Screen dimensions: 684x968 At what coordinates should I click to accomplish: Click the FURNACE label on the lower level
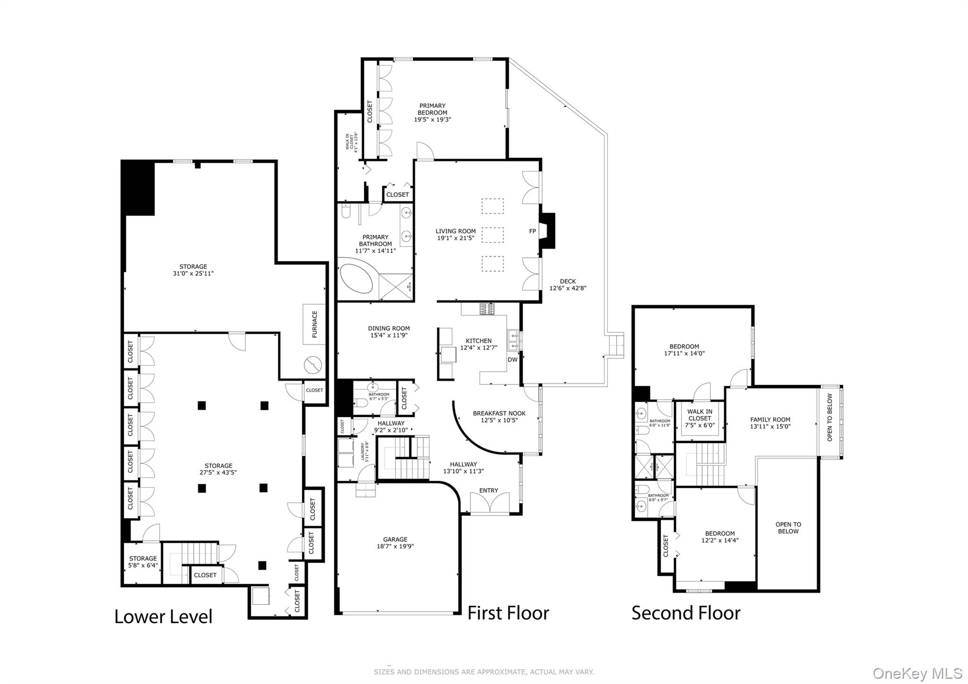pos(315,324)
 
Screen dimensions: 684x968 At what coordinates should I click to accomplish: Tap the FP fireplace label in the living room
pos(533,231)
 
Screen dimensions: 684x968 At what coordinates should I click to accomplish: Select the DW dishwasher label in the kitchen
pos(513,359)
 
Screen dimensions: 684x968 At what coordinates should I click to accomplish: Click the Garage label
pos(395,539)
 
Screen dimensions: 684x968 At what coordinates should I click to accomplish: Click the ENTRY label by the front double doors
pos(489,490)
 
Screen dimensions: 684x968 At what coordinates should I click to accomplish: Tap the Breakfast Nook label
pos(499,413)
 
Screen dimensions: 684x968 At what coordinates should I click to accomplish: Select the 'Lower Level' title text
pos(164,616)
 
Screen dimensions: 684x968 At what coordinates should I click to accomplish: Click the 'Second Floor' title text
pos(686,613)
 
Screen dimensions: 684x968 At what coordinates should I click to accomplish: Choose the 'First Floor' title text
pos(508,613)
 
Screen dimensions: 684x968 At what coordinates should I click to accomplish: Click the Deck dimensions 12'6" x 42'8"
pos(568,288)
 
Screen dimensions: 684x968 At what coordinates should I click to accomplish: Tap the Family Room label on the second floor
pos(770,419)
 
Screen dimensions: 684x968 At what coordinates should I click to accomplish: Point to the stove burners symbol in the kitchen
pos(487,309)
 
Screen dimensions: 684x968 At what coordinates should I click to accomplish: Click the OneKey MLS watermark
pos(917,673)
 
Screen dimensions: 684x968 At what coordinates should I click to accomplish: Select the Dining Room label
pos(389,329)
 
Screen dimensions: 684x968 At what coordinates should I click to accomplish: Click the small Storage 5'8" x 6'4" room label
pos(143,562)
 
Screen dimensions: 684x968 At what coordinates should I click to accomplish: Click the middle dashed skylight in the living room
pos(493,235)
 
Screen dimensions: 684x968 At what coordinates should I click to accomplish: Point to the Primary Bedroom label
pos(432,109)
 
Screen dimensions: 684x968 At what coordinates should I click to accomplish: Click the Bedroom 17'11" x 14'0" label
pos(684,349)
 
